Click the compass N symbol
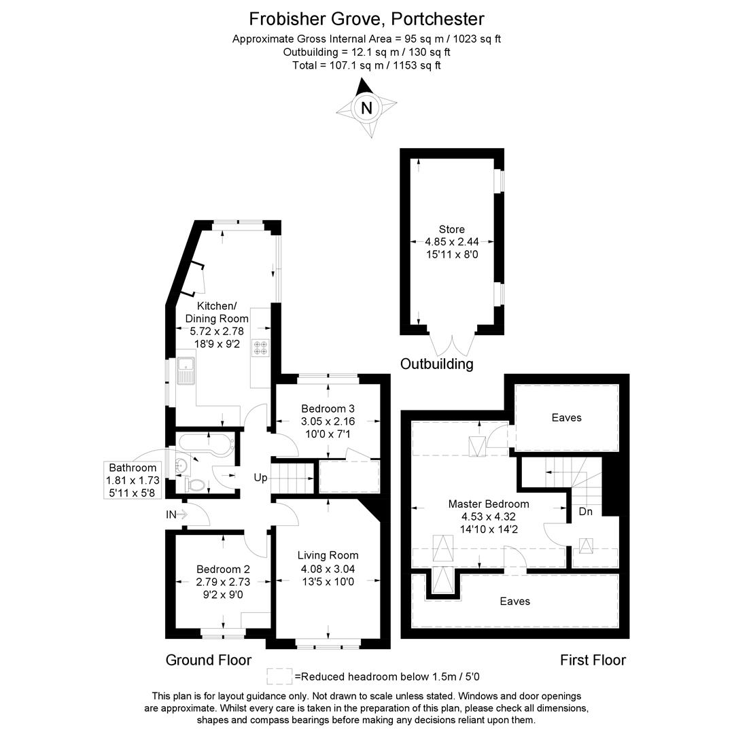pos(367,107)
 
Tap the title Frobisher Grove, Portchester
pos(367,18)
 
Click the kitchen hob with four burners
pos(260,347)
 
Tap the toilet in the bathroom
pos(194,485)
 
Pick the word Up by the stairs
pos(261,478)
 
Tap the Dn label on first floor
pos(586,511)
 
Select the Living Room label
pos(328,555)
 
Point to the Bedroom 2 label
pos(224,569)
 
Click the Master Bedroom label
pos(489,504)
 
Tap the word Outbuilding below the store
pos(436,364)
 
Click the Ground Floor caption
pos(209,660)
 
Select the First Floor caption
pos(593,660)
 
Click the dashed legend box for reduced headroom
pos(279,676)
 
